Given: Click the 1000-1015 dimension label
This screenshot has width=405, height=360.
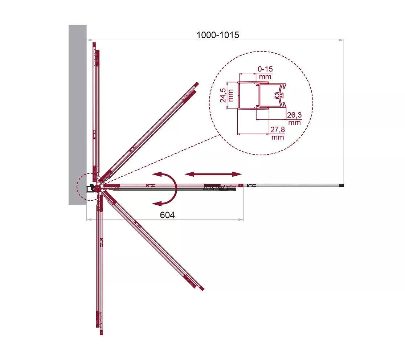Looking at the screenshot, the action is point(218,35).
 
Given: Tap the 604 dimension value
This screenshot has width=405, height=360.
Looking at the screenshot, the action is point(167,215).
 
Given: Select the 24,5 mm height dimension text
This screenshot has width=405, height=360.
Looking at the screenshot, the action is point(226,95).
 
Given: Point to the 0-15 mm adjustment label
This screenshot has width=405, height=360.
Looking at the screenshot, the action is point(265,73).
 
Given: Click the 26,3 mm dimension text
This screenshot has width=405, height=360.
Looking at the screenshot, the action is point(294,119).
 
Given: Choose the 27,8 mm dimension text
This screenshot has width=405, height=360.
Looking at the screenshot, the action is point(278,133).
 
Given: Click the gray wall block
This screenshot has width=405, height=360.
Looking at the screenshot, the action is point(78,115).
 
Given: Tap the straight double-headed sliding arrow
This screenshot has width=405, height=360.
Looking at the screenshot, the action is point(213,174).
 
